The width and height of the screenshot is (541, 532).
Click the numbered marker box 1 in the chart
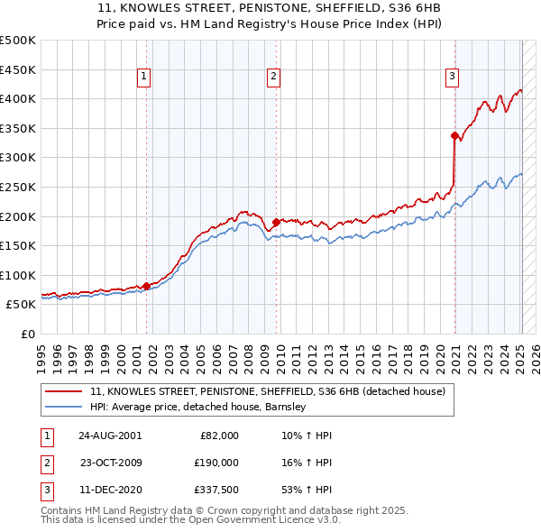tap(144, 78)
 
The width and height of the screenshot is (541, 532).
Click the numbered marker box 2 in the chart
tap(272, 78)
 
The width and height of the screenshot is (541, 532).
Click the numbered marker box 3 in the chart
tap(451, 78)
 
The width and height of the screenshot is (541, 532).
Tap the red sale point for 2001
tap(146, 286)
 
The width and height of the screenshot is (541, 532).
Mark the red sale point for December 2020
tap(454, 135)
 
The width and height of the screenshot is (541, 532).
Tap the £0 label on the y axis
tap(27, 334)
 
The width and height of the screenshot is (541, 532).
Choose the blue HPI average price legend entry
tap(198, 407)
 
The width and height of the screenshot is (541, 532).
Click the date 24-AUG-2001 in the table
tap(109, 435)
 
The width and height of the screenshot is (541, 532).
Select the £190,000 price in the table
tap(217, 463)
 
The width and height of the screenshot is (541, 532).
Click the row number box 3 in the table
tap(47, 491)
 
